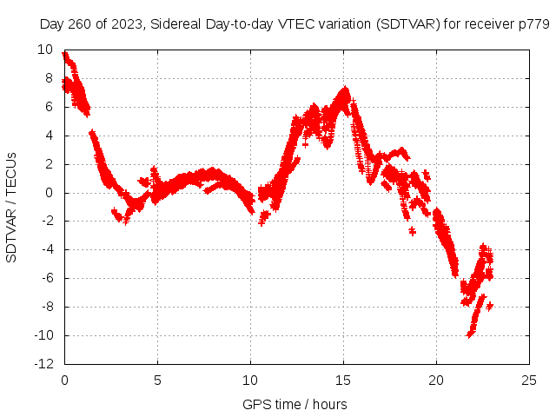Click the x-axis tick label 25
pos(529,381)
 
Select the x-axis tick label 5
pos(157,381)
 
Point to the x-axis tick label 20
pos(436,381)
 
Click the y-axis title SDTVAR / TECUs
pos(12,207)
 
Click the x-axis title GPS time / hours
pos(295,404)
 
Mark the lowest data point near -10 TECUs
pos(470,334)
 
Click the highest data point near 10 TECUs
pos(65,55)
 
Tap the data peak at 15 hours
pos(345,89)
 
